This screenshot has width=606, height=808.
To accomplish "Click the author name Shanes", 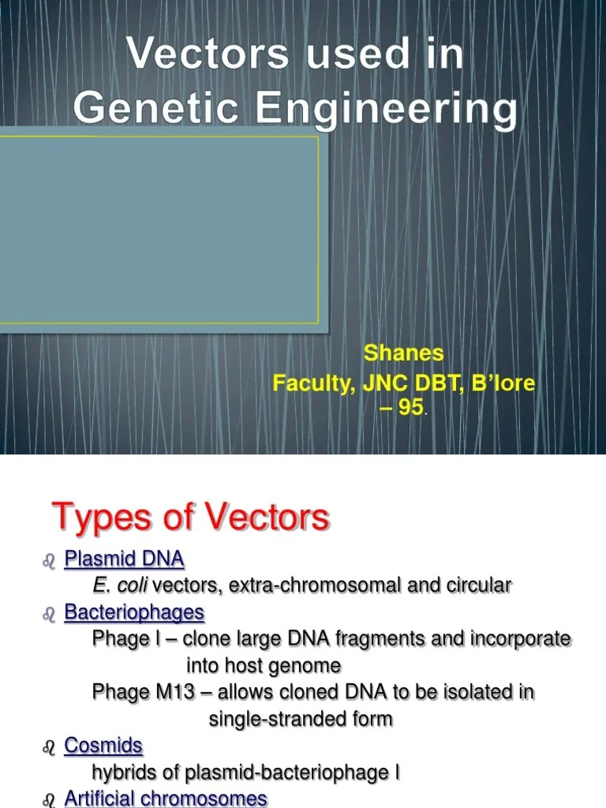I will coord(403,353).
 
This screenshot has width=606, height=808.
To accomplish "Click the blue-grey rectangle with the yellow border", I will coord(158,230).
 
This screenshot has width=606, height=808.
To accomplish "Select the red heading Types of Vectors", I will coord(190,518).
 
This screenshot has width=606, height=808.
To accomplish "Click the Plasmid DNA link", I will coord(124,559).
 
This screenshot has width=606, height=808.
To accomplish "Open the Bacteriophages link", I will coord(133,612).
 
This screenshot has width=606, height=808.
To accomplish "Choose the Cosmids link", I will coord(103,746).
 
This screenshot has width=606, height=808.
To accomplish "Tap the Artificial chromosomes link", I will coord(166,799).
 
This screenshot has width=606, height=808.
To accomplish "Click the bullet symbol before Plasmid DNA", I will coord(49,561).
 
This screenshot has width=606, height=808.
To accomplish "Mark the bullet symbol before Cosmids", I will coord(49,747).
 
